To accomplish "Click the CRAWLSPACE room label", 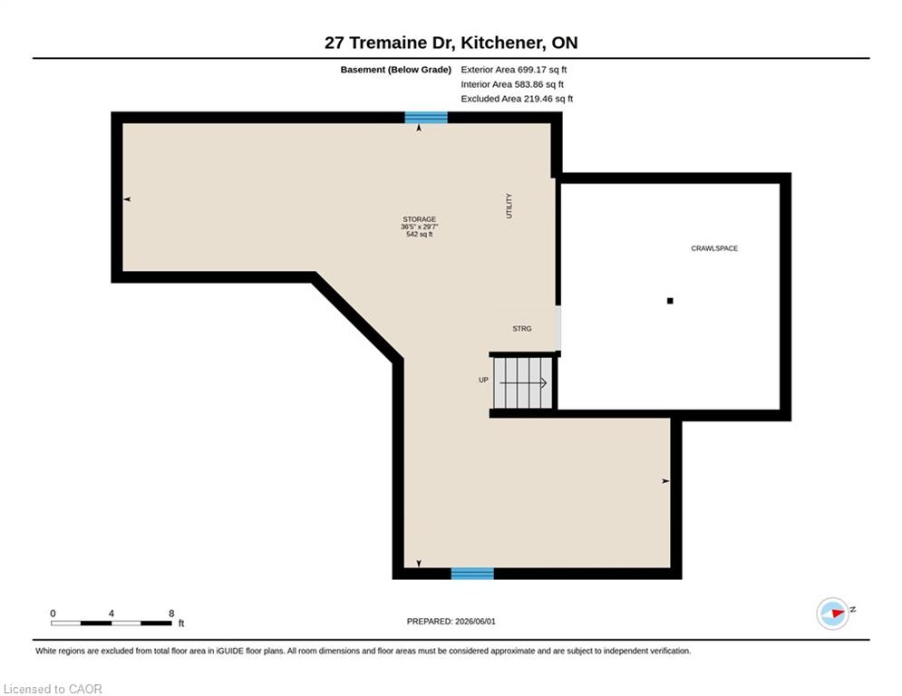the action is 713,248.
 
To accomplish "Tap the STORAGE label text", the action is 420,219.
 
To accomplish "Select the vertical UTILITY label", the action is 509,206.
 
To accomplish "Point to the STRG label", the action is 522,328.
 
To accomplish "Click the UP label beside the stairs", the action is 483,380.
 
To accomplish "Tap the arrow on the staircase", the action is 523,383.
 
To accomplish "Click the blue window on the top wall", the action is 426,117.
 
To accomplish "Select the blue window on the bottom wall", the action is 472,574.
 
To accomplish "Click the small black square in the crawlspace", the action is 670,301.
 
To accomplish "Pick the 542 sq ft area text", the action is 420,234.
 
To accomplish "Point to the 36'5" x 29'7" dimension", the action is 420,227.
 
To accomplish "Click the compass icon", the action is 832,614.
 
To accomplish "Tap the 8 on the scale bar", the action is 171,614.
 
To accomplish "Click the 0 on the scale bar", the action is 53,614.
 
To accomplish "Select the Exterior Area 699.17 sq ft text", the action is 514,70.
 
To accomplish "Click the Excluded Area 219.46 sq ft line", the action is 517,99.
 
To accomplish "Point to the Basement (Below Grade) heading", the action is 396,70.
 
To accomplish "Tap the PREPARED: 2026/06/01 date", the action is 451,621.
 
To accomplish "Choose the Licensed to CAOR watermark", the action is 53,689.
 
